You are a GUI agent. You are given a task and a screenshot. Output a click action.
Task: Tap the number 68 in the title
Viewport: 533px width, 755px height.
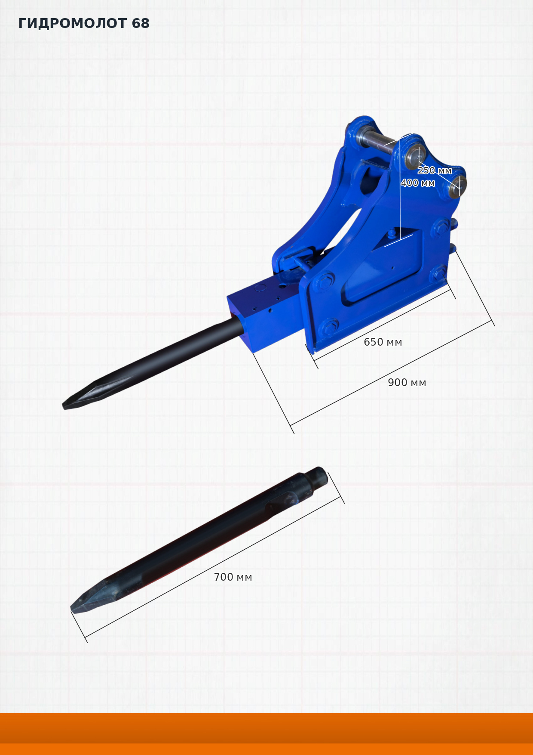point(141,23)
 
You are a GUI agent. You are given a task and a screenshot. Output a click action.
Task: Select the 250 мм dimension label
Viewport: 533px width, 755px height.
point(435,170)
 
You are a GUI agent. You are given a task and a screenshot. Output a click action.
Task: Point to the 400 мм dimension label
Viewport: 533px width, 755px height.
point(418,183)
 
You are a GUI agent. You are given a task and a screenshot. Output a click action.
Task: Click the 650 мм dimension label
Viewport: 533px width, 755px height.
point(383,342)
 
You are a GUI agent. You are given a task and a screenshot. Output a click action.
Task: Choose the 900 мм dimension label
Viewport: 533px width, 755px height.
point(407,383)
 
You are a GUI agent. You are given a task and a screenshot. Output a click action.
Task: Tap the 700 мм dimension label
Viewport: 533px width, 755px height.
point(233,577)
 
